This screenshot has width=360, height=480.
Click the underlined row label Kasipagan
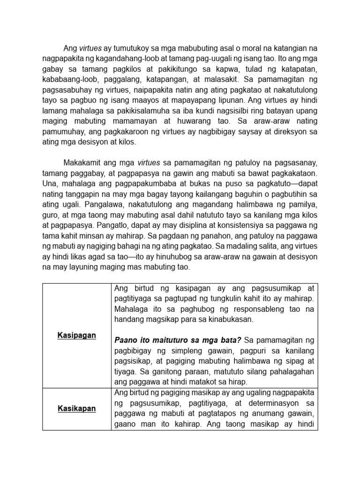point(77,335)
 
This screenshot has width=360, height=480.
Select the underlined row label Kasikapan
point(77,408)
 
